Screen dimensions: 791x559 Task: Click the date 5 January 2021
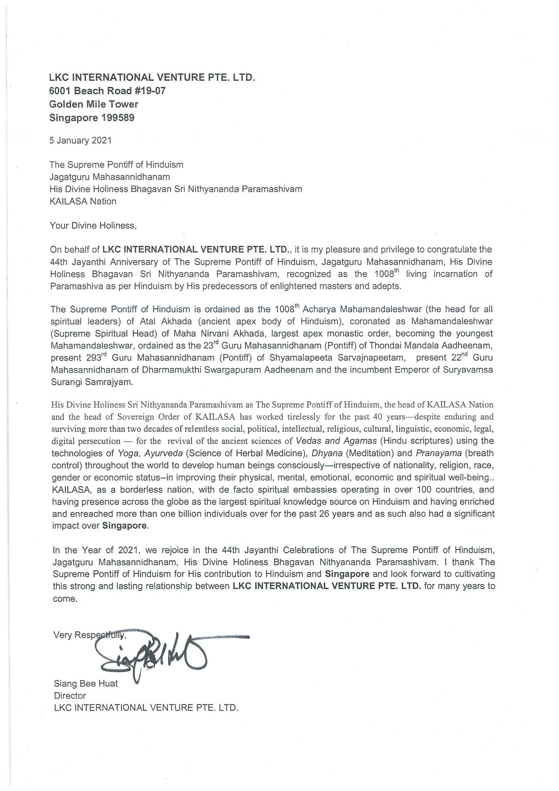point(80,141)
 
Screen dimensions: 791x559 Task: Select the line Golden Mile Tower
point(94,104)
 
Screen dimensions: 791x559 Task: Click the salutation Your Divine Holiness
point(93,226)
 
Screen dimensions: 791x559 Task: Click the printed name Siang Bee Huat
point(86,684)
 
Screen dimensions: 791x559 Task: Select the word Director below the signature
point(70,696)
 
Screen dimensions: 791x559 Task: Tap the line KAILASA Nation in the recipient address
point(83,201)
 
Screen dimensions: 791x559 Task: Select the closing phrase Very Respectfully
point(90,635)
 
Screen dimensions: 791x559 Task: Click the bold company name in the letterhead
point(152,78)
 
